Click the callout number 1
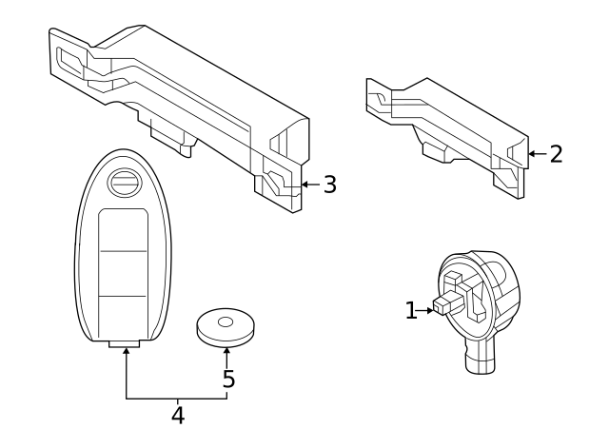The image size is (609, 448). pos(411,310)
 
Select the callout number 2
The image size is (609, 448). pos(555,153)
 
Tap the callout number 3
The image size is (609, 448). pos(328,185)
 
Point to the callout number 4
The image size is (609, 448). pos(178,416)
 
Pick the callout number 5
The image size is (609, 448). pos(228,379)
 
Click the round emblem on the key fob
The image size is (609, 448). pos(125,184)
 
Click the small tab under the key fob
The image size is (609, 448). pos(124,344)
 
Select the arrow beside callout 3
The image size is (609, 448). pos(307,184)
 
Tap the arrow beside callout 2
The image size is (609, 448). pos(533,153)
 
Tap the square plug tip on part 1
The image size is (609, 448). pos(442,306)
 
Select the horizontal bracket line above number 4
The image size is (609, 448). pos(176,398)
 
